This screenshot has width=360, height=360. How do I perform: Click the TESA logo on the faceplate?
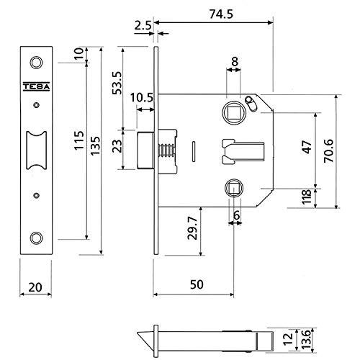click(36, 86)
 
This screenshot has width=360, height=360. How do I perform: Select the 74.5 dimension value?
click(221, 14)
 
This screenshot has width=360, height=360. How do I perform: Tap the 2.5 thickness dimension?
click(143, 25)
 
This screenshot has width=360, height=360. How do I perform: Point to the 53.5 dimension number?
click(117, 83)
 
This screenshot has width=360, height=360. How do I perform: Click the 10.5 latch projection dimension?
click(142, 98)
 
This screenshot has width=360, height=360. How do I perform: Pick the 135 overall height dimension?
click(95, 145)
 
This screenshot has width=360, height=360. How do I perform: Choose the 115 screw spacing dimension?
click(79, 140)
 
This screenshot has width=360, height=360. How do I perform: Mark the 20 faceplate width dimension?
click(35, 287)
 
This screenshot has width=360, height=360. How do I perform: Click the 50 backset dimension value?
click(197, 284)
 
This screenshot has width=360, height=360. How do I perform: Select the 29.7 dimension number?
click(192, 228)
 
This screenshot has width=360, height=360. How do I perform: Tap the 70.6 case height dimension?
click(328, 150)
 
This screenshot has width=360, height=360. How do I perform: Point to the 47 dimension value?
click(307, 147)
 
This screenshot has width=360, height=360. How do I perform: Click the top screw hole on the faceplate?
click(36, 63)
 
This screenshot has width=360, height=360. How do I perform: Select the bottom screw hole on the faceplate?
click(36, 238)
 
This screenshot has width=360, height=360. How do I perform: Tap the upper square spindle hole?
click(234, 113)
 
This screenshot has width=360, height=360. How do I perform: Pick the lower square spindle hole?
click(234, 188)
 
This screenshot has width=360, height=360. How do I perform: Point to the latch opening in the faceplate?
click(36, 150)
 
